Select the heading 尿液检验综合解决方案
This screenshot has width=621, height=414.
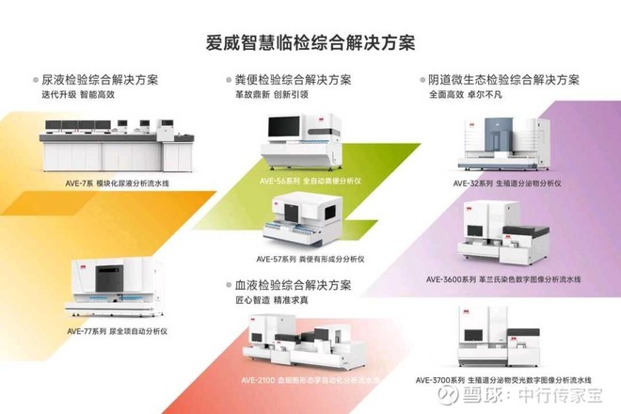[x=100, y=80]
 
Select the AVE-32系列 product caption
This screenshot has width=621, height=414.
[x=509, y=183]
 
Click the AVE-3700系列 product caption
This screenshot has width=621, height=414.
[x=509, y=381]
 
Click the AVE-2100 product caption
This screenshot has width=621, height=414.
[x=310, y=381]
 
